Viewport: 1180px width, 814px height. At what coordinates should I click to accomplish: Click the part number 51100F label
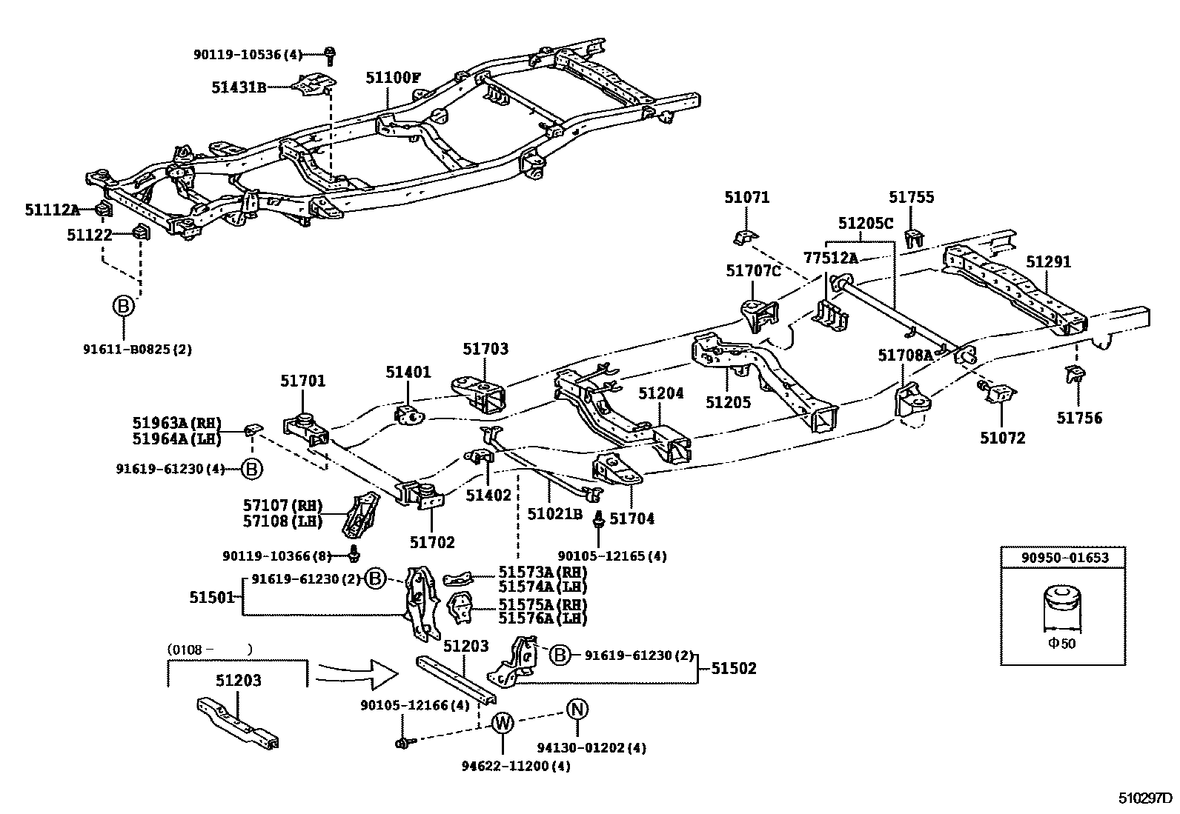click(393, 77)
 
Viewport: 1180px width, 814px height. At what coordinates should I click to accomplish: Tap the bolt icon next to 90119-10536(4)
click(331, 54)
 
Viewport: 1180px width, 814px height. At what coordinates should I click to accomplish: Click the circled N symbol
click(577, 710)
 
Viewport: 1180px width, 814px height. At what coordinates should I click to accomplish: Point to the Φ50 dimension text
click(1061, 644)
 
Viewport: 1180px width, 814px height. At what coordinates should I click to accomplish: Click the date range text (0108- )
click(209, 650)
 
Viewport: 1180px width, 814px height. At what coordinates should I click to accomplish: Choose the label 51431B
click(239, 87)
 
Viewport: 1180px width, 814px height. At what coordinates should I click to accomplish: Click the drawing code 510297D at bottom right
click(1146, 799)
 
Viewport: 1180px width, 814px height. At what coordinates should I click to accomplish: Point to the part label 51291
click(1048, 262)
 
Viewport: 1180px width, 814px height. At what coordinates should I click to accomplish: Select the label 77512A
click(830, 258)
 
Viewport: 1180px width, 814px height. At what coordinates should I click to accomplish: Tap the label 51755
click(912, 197)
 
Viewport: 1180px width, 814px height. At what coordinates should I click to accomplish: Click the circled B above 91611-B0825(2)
click(123, 306)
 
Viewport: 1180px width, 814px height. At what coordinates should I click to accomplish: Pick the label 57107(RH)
click(282, 506)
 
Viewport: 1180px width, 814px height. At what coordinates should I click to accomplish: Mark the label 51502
click(734, 668)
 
